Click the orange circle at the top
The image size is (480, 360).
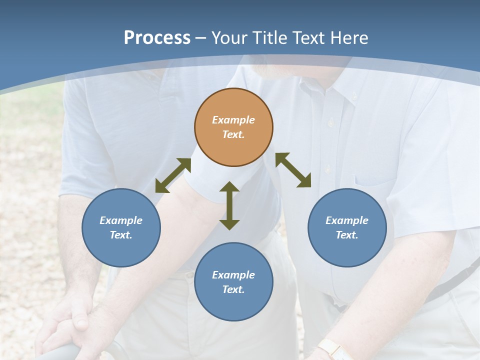(233, 127)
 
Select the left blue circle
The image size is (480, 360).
(121, 227)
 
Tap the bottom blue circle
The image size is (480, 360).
(233, 282)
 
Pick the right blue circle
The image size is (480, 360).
(347, 227)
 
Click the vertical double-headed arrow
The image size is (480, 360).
(229, 206)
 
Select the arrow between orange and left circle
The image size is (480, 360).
(173, 175)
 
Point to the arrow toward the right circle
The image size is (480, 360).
(293, 170)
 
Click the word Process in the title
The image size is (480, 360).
(157, 38)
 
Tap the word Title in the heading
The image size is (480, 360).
(270, 38)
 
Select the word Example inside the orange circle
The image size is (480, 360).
(233, 120)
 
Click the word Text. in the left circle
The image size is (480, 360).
(121, 235)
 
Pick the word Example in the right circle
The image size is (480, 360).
(347, 220)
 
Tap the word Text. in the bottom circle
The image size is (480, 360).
(233, 289)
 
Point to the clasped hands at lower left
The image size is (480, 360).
(75, 325)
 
